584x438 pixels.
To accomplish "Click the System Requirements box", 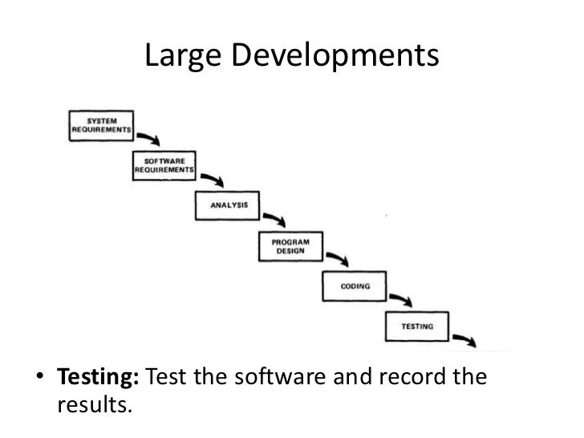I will [x=100, y=124].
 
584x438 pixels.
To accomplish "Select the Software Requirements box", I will [x=163, y=166].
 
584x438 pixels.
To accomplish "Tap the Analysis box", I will [x=228, y=206].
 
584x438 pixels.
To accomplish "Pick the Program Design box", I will [x=290, y=246].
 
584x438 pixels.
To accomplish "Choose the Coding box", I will [x=355, y=286].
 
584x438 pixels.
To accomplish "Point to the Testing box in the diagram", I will [x=417, y=326].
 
